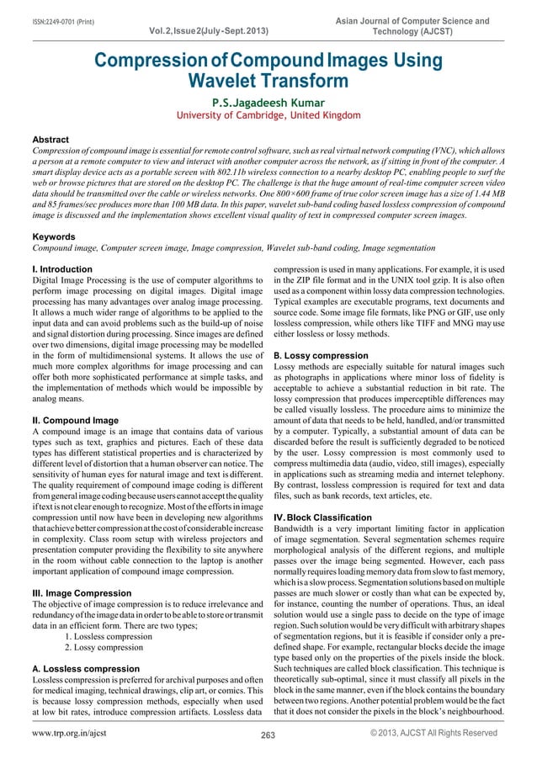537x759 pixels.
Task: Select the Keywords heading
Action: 54,237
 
